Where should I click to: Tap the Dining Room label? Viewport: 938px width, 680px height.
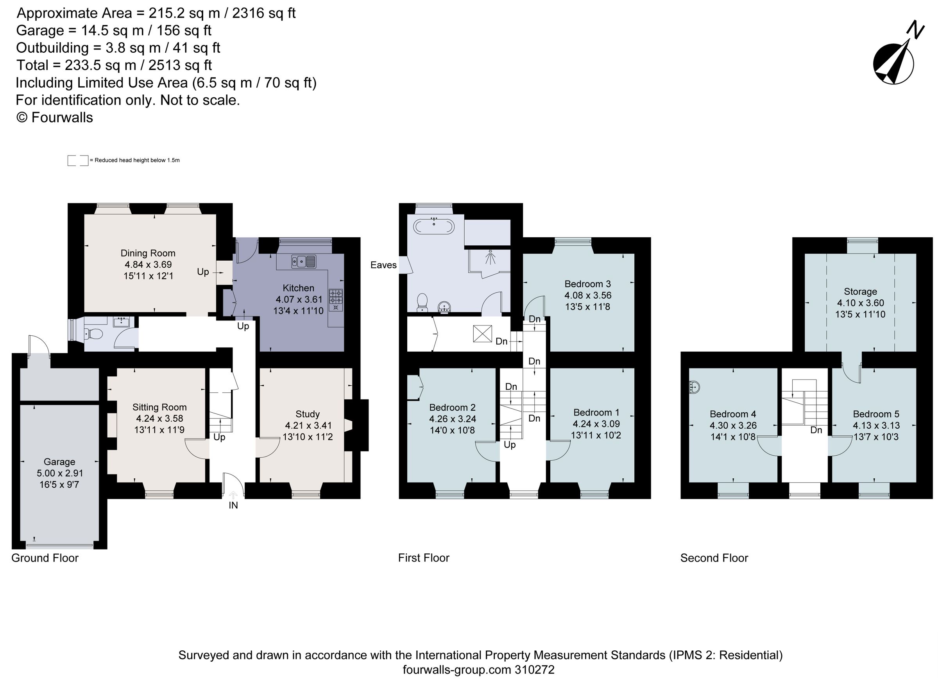pos(148,253)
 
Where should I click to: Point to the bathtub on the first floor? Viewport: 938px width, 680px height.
pos(434,227)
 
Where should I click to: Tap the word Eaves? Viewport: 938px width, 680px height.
pos(383,265)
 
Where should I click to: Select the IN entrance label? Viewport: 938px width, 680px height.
pos(233,505)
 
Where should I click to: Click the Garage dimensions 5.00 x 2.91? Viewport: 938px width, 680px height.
pos(59,473)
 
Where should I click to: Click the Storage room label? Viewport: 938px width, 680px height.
pos(860,292)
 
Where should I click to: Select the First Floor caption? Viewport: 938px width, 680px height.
pos(423,558)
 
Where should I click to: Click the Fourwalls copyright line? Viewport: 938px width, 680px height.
pos(55,118)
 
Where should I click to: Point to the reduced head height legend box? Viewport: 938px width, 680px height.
pos(78,161)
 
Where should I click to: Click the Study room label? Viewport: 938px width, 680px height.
pos(307,414)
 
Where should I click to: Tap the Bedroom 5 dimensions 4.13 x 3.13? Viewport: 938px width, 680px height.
pos(876,425)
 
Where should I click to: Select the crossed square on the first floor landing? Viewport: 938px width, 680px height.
pos(483,334)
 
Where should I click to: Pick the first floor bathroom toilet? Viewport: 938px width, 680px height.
pos(422,302)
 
